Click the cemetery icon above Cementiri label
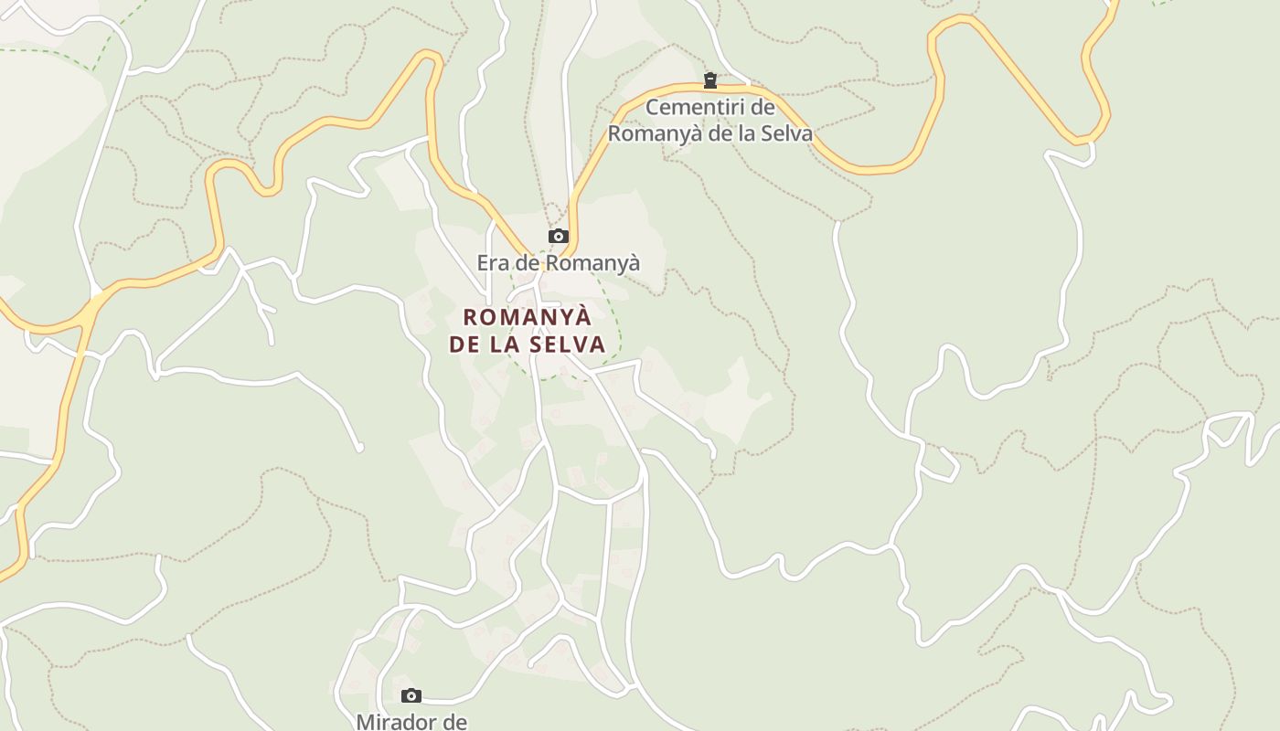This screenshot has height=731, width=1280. coord(709,81)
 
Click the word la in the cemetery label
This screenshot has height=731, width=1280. coord(745,133)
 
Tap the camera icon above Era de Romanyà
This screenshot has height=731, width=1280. coord(558,237)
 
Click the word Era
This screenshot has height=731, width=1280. coord(494,263)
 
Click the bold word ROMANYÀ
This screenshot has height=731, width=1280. coord(528,318)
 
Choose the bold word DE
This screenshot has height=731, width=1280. coord(464,344)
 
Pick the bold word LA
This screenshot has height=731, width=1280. coord(507,344)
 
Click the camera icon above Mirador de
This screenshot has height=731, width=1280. coord(411,696)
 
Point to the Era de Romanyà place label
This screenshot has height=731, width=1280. coord(558,263)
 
